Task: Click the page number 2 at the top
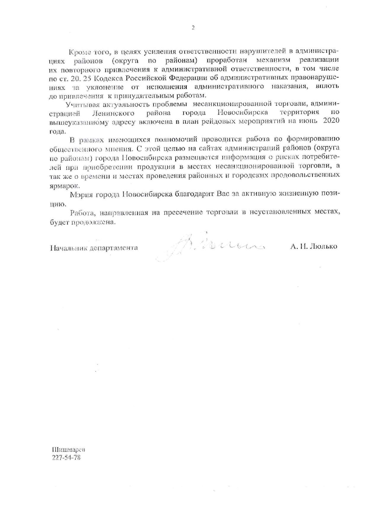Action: [x=193, y=28]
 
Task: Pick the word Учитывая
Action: [x=79, y=104]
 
